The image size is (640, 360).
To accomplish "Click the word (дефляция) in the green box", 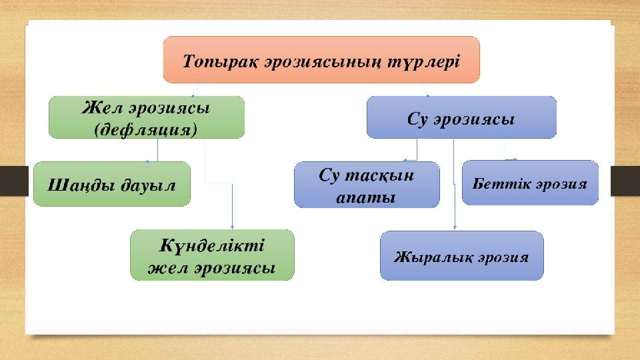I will pos(147,128).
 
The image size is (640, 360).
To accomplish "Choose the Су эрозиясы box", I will pos(461,117).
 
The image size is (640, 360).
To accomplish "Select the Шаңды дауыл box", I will pos(111,184).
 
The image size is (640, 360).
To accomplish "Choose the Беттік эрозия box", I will pos(530,182).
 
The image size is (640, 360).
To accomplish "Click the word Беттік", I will pos(497,182).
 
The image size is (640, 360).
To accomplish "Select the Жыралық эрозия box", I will pos(461,255).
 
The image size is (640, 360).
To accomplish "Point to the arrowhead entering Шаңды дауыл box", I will pos(147,160).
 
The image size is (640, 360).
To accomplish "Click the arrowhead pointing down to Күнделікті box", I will pos(232,227).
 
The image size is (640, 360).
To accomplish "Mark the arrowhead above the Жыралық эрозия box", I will pos(455,229).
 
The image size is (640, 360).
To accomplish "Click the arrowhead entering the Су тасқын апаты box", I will pos(404,160).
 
